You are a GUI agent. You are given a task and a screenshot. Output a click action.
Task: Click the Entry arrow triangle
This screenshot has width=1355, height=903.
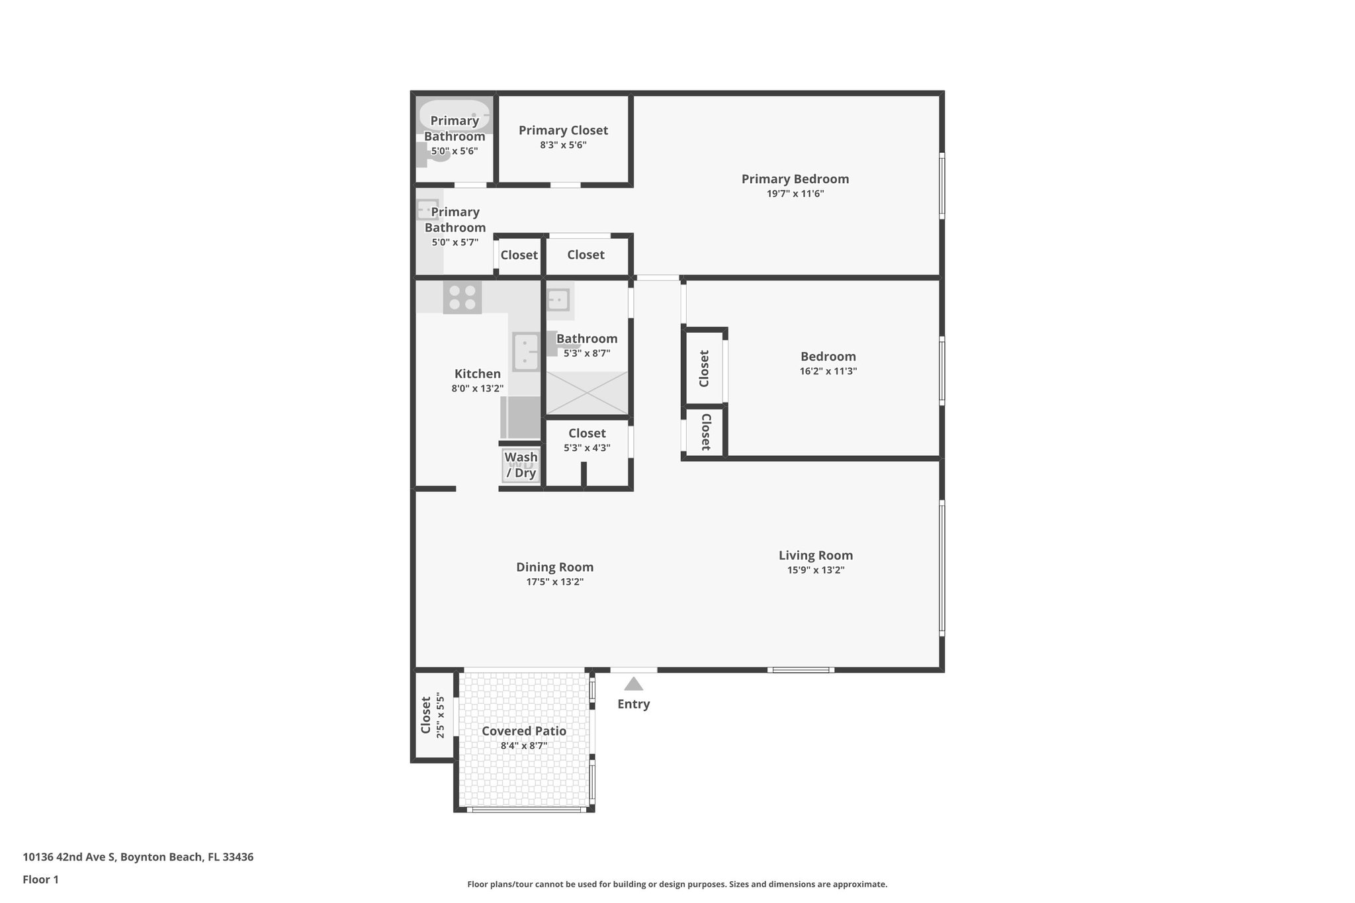click(x=633, y=684)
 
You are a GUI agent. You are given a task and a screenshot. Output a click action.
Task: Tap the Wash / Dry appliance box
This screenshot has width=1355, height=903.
click(x=521, y=465)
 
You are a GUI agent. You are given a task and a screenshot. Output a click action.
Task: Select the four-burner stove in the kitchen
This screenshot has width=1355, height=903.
click(x=462, y=298)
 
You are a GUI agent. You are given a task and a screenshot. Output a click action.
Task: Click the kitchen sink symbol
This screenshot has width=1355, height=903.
click(x=526, y=352)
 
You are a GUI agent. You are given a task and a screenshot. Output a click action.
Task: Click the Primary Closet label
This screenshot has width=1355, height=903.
click(x=563, y=130)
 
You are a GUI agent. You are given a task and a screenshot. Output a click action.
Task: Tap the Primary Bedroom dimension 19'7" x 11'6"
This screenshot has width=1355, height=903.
click(x=795, y=194)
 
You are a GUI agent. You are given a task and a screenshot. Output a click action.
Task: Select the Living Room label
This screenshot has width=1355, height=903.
click(x=815, y=556)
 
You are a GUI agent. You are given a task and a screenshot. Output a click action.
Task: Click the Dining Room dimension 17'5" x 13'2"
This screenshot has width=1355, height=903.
click(x=554, y=582)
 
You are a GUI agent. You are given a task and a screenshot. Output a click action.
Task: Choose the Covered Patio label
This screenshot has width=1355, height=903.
click(x=523, y=731)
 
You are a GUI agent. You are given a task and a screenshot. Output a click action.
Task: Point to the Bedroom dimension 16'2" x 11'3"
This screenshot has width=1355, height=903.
click(x=828, y=371)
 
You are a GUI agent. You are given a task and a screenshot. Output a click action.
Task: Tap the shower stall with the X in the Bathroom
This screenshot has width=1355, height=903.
click(x=586, y=393)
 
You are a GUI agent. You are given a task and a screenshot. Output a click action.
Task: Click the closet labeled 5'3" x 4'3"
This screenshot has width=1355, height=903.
click(x=587, y=440)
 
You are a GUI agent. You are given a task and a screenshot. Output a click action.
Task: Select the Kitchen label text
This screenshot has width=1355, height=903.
click(x=477, y=374)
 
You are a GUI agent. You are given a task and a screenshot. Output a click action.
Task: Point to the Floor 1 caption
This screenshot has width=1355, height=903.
click(x=40, y=880)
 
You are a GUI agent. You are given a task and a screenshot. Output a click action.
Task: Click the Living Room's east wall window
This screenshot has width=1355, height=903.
click(x=941, y=568)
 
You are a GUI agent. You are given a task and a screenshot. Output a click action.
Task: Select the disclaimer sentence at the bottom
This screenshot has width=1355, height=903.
click(x=677, y=884)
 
